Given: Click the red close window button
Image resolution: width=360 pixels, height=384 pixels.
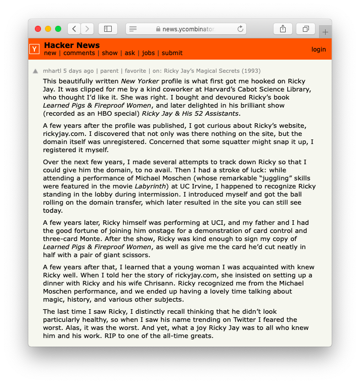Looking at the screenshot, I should (x=38, y=29).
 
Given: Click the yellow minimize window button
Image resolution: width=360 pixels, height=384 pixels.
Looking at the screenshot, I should (x=48, y=29).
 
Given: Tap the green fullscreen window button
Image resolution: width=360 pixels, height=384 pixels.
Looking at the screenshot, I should (x=58, y=29).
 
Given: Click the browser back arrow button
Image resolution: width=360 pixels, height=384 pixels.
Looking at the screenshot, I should (x=74, y=29).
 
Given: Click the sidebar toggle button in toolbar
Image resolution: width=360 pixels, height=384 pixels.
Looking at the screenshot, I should (x=108, y=29).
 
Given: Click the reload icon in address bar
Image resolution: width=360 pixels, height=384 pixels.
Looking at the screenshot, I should (x=240, y=29).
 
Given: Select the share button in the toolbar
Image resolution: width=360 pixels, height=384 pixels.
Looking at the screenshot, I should (x=283, y=29).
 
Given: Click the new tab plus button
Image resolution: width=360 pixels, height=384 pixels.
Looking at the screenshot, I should (x=325, y=32).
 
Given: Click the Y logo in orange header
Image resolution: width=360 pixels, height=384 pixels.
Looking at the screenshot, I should (x=34, y=49).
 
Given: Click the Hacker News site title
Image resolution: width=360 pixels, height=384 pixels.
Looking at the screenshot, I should (x=72, y=45).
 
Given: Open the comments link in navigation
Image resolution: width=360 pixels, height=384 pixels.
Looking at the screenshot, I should (x=79, y=53).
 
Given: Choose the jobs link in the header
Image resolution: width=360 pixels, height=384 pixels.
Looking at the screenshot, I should (x=148, y=53).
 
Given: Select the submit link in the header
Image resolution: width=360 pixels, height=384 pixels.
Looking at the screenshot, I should (x=172, y=53).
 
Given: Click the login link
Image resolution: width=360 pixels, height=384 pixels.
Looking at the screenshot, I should (x=319, y=49).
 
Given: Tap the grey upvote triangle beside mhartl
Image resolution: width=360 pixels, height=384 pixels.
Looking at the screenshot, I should (x=35, y=71).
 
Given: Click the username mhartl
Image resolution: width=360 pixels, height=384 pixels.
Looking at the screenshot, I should (x=52, y=71).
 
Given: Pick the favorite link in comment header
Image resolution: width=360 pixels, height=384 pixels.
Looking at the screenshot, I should (x=135, y=71).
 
